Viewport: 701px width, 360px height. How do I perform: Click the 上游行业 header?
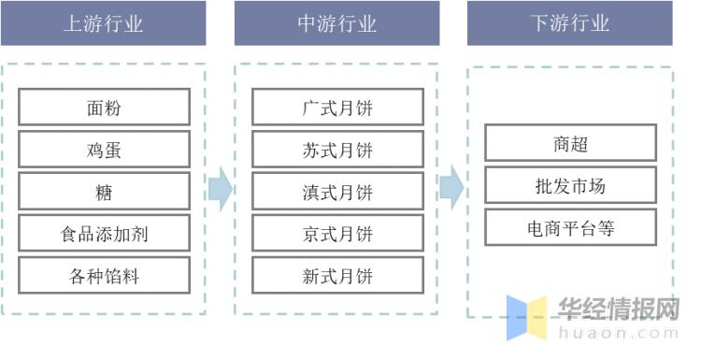103,23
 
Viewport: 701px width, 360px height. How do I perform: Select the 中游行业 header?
336,23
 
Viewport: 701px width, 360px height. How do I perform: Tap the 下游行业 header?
570,23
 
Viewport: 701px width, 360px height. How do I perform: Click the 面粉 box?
104,108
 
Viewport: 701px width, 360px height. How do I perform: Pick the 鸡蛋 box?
104,150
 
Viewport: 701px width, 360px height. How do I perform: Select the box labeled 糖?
104,192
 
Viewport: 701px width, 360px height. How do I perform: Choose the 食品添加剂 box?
104,234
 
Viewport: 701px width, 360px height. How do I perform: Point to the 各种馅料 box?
104,276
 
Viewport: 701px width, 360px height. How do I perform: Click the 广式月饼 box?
337,108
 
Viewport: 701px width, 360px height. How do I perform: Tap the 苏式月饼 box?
337,150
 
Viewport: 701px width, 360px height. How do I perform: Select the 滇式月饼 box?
337,192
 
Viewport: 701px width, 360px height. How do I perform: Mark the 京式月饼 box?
337,234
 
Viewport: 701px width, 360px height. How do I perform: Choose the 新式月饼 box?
337,276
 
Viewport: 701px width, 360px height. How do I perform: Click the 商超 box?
570,144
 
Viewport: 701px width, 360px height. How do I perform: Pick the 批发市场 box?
570,186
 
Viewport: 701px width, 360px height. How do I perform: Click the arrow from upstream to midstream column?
220,189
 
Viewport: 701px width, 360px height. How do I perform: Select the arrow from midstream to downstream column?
452,189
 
